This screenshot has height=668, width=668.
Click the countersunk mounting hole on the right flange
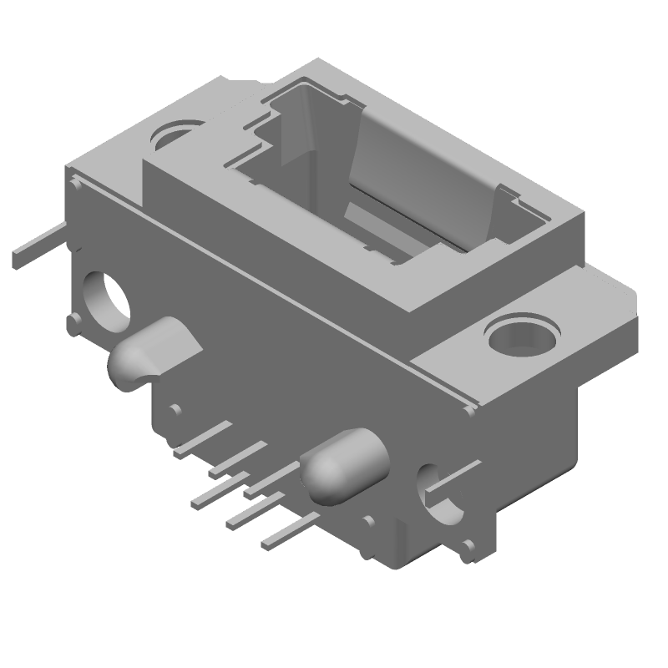(521, 338)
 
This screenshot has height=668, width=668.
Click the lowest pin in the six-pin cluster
(288, 532)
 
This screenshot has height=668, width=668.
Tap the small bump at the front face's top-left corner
(76, 184)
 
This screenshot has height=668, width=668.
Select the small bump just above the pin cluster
(175, 409)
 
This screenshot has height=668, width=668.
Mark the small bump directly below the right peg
(367, 522)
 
